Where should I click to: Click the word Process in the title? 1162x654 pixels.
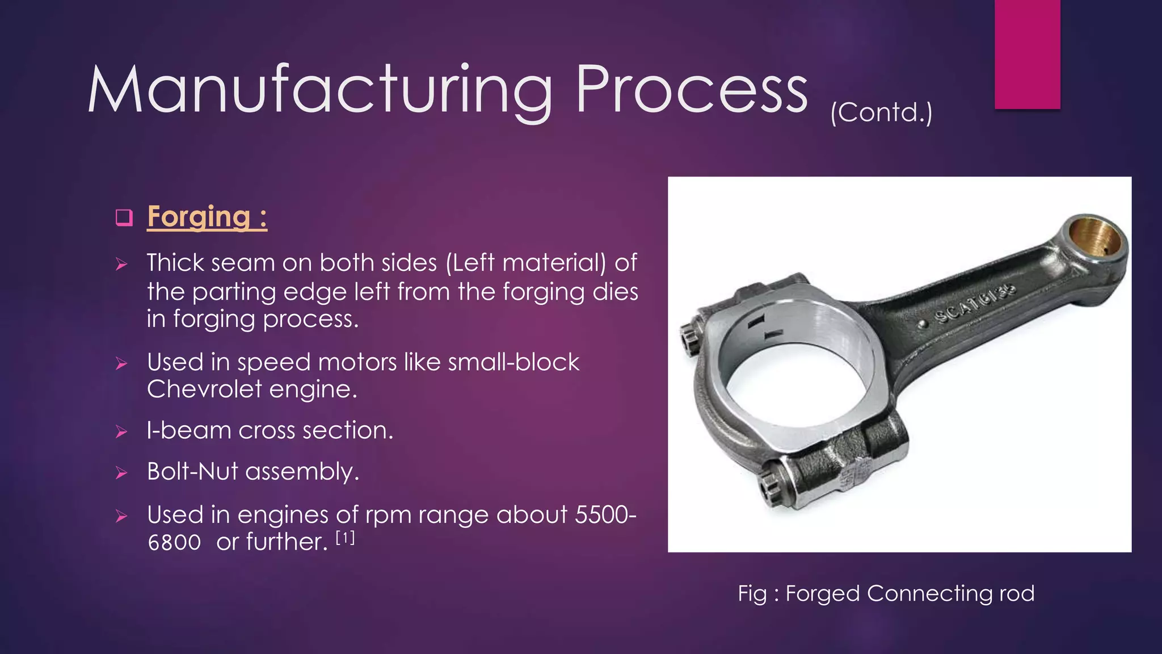tap(691, 90)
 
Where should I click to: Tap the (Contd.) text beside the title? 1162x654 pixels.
tap(881, 112)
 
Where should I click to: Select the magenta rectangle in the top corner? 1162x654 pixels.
tap(1027, 54)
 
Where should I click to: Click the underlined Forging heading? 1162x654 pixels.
tap(207, 217)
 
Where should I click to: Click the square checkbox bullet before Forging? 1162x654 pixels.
tap(124, 217)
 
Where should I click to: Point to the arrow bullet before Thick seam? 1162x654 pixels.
tap(121, 264)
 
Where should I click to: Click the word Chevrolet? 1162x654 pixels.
tap(203, 389)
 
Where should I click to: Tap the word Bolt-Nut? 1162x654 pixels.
tap(191, 471)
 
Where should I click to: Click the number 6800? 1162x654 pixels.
tap(174, 542)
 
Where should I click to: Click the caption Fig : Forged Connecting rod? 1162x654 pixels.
tap(886, 593)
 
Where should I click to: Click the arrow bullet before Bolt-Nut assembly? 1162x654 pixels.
tap(121, 472)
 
